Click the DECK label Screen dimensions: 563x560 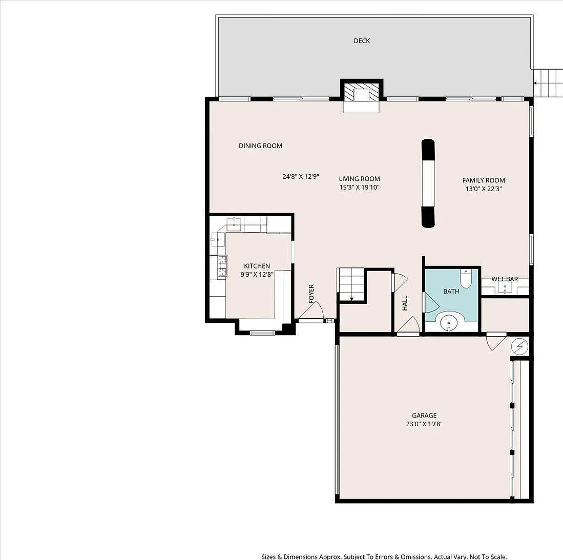click(x=362, y=41)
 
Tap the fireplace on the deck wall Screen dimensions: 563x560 click(x=362, y=95)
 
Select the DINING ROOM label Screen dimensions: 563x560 click(x=260, y=146)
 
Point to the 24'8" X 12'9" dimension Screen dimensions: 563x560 click(x=301, y=176)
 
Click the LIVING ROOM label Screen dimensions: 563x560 click(x=360, y=179)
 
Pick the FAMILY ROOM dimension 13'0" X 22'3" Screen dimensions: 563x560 click(x=483, y=189)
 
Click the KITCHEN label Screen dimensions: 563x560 click(x=257, y=266)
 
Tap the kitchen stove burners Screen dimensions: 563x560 click(x=223, y=265)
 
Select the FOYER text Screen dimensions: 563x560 click(x=311, y=294)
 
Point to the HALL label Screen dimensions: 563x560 click(x=405, y=303)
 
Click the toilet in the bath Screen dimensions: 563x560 click(x=466, y=279)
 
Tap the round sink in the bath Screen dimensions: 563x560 click(x=449, y=322)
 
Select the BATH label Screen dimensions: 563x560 click(x=451, y=292)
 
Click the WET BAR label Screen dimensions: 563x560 click(x=505, y=279)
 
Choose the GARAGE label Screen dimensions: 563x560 click(x=424, y=416)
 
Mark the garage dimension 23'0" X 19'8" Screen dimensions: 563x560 click(x=424, y=424)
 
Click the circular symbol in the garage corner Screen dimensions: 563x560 click(x=519, y=346)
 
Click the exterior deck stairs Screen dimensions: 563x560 click(x=548, y=83)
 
